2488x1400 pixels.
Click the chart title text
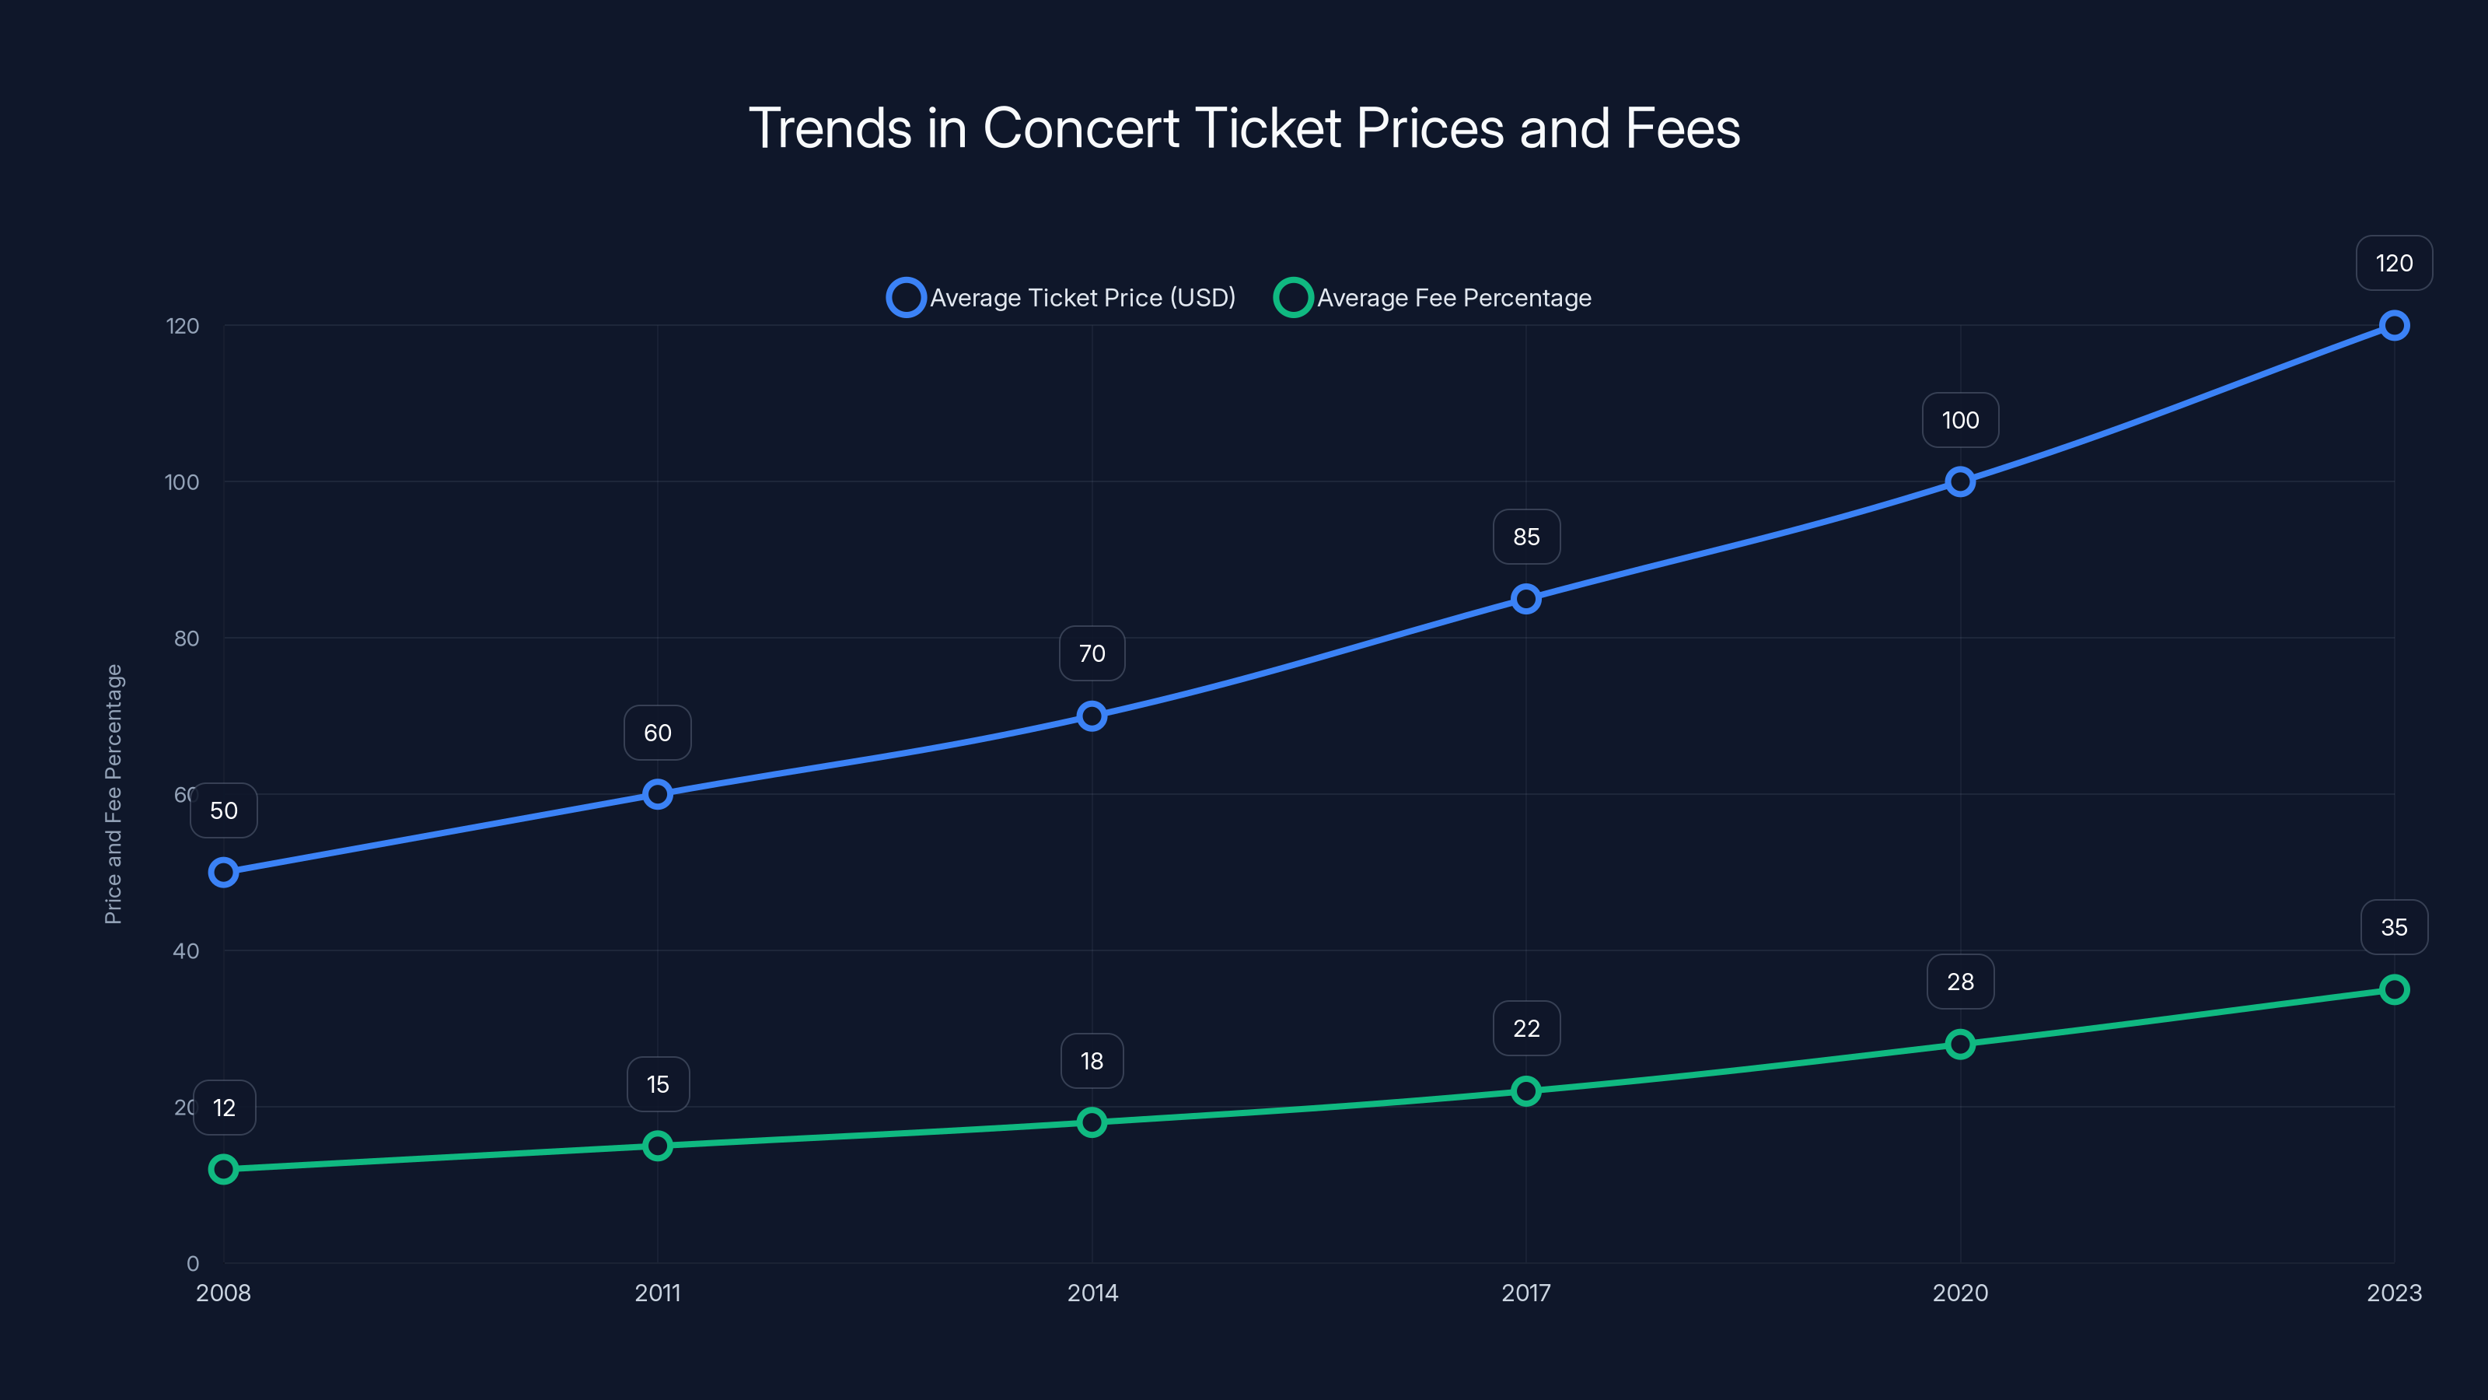tap(1244, 128)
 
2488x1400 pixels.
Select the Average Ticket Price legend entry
tap(1061, 298)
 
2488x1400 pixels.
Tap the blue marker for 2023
tap(2393, 326)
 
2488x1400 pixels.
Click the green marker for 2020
tap(1959, 1045)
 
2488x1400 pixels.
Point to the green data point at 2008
tap(223, 1169)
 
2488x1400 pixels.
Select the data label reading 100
tap(1959, 420)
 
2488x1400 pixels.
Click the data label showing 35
tap(2393, 928)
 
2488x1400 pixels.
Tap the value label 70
tap(1092, 654)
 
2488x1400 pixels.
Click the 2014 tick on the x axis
tap(1092, 1293)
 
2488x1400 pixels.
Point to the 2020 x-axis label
tap(1959, 1293)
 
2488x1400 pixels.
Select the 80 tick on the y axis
tap(187, 639)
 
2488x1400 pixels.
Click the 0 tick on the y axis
tap(193, 1264)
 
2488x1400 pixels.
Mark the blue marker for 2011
tap(658, 794)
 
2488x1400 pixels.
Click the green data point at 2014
tap(1092, 1122)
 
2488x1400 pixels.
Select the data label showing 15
tap(658, 1085)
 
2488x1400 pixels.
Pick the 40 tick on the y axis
tap(187, 950)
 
